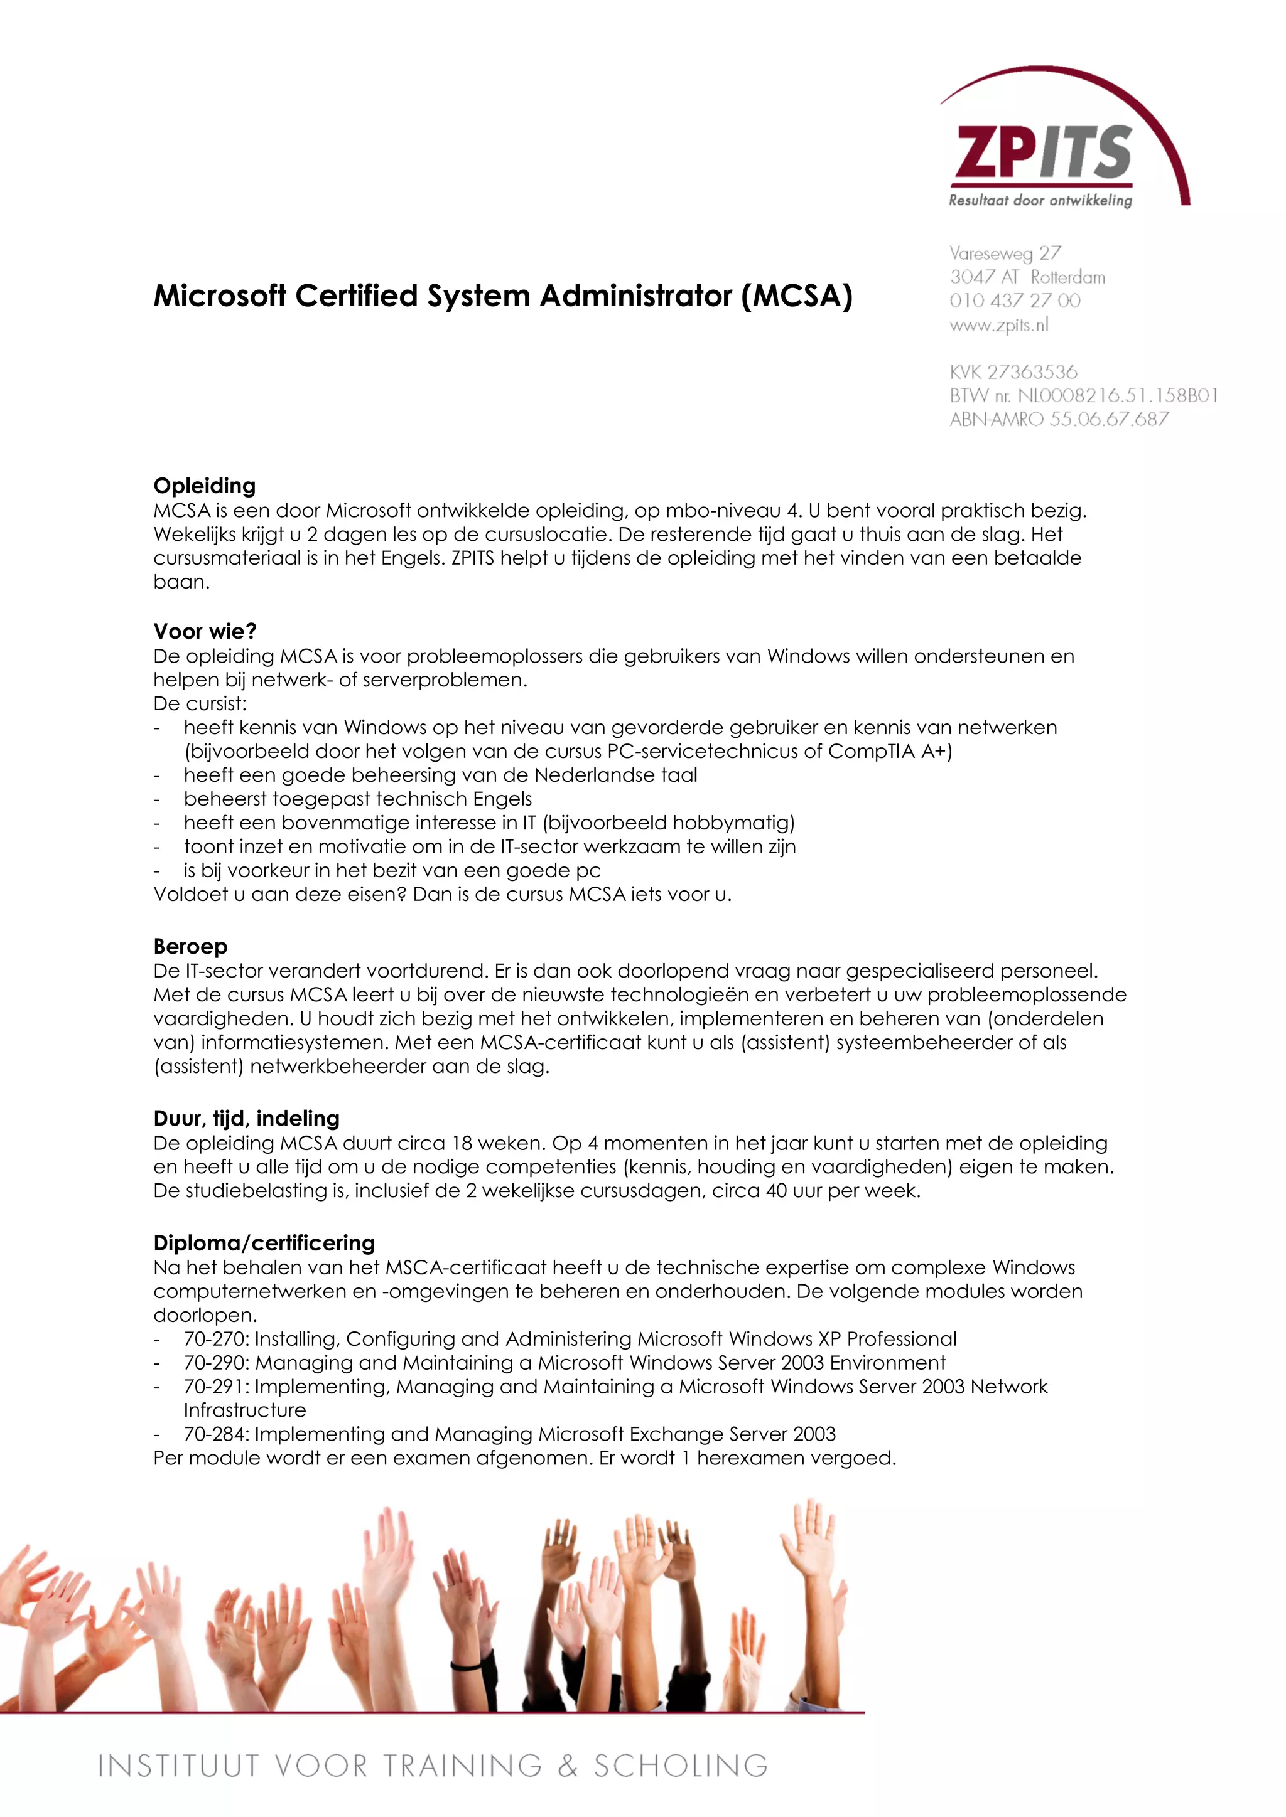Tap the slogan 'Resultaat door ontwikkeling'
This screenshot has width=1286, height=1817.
point(1040,200)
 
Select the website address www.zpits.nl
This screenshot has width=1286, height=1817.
point(998,324)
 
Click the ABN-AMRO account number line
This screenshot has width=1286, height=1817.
point(1059,420)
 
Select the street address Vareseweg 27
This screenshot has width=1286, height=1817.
point(1005,253)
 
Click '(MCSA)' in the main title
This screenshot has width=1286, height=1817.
point(797,296)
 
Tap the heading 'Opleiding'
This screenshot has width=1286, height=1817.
point(204,485)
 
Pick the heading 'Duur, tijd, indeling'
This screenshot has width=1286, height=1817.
point(246,1117)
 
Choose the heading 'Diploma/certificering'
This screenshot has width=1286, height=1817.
point(264,1242)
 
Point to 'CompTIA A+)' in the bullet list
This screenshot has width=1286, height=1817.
point(889,751)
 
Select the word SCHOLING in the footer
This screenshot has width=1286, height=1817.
point(681,1766)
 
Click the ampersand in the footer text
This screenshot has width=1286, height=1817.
point(567,1766)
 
